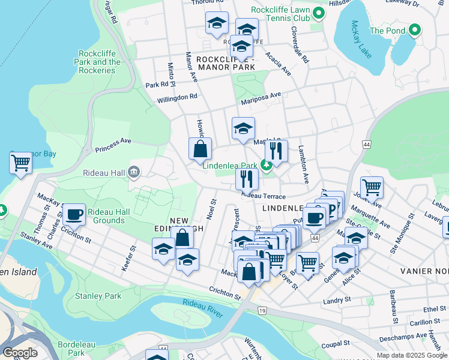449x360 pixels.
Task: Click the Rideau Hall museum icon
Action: tap(133, 173)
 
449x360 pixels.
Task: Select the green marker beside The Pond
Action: tap(415, 30)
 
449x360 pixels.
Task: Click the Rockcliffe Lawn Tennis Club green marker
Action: tap(319, 13)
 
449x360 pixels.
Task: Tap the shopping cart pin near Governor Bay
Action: tap(21, 163)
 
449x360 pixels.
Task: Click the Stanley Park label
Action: tap(98, 296)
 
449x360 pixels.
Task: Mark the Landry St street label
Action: tap(336, 299)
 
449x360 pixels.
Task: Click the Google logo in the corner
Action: tap(20, 353)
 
